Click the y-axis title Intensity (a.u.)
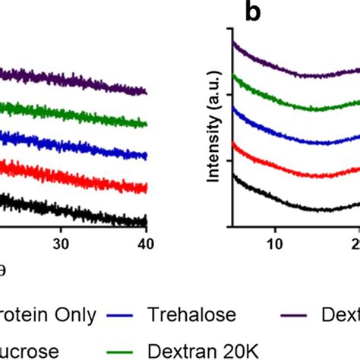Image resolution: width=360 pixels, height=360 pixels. click(215, 129)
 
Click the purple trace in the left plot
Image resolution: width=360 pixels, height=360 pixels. click(76, 80)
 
